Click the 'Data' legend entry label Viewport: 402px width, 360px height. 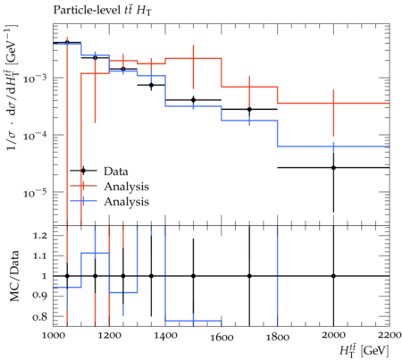(x=116, y=172)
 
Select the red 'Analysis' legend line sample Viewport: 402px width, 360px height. (x=83, y=186)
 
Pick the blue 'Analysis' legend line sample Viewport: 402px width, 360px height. (x=83, y=201)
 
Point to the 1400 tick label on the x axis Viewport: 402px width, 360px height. (x=165, y=336)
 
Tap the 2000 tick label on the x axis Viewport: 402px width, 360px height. (x=333, y=335)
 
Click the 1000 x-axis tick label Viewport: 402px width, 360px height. (x=54, y=335)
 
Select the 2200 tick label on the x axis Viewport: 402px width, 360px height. (x=389, y=335)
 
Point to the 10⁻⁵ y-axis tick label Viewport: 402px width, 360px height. (x=35, y=191)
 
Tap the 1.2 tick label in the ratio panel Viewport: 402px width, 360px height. (x=39, y=236)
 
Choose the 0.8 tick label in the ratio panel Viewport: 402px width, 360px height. (x=39, y=316)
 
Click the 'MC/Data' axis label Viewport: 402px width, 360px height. (x=14, y=276)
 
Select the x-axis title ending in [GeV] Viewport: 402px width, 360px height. (x=364, y=350)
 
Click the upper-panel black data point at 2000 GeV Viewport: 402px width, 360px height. (x=333, y=168)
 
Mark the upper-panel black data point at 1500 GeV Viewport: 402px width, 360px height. (x=193, y=100)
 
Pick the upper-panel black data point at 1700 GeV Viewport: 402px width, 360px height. (x=249, y=109)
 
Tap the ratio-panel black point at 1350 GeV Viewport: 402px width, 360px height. (x=151, y=276)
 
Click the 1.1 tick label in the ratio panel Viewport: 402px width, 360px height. (x=39, y=256)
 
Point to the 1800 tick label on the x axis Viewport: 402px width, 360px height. (x=278, y=337)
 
